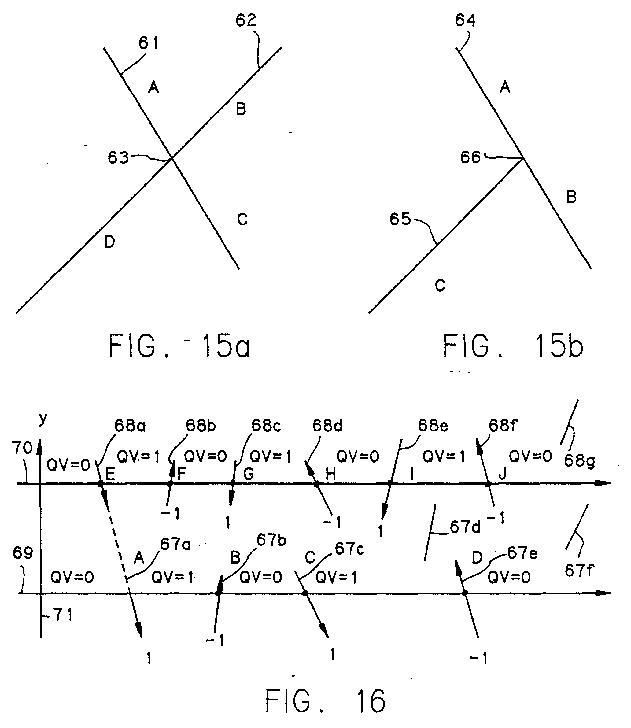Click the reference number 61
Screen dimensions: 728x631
click(x=148, y=43)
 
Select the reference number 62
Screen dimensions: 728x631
click(x=246, y=21)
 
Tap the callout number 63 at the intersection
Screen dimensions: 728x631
click(x=118, y=157)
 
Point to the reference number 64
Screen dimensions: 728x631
click(x=465, y=21)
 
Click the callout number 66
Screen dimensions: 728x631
click(x=470, y=157)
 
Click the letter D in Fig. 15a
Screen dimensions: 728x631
click(x=109, y=242)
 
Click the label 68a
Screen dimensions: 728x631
click(x=130, y=426)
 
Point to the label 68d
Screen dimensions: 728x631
click(x=327, y=426)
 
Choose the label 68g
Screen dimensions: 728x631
click(x=579, y=461)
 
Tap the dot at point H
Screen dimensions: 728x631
click(x=316, y=484)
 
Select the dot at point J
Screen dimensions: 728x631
click(x=488, y=484)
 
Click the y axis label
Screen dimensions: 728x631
click(x=43, y=419)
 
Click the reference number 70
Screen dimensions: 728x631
click(x=22, y=448)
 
